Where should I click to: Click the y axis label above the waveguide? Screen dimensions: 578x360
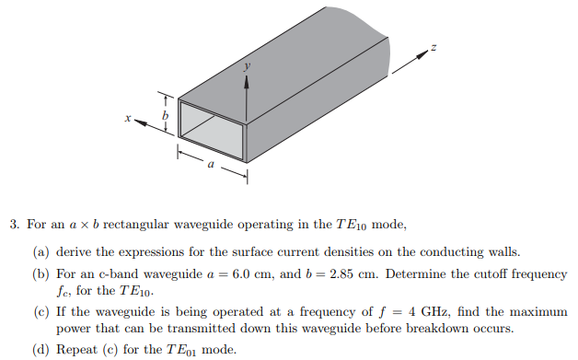coord(246,66)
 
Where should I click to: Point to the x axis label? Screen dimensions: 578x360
coord(130,118)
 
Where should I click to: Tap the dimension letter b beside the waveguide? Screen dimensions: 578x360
coord(166,116)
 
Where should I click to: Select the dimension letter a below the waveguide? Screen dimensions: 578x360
coord(210,166)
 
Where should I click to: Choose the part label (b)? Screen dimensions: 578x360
coord(41,274)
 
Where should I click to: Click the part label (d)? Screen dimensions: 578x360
coord(41,349)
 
